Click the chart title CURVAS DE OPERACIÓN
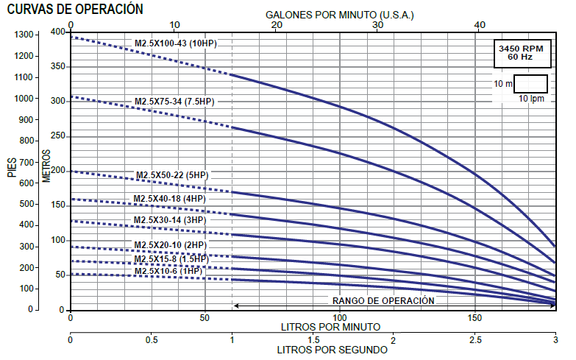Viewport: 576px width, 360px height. [x=75, y=9]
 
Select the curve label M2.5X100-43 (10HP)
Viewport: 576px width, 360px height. [x=175, y=43]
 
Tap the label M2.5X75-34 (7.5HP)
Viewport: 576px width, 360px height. [x=174, y=102]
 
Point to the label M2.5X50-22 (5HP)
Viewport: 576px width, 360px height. [x=173, y=175]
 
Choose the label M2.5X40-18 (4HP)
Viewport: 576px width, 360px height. [x=170, y=199]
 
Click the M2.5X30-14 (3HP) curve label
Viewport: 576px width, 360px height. [x=170, y=220]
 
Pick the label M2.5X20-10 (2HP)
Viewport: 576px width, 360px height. [x=170, y=244]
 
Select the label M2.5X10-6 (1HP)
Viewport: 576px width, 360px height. [x=168, y=272]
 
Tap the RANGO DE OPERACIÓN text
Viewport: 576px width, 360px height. [x=383, y=300]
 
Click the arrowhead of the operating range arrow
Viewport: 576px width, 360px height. [x=235, y=305]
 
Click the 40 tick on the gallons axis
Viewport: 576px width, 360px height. [x=480, y=25]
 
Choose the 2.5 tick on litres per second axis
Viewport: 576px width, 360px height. [x=476, y=340]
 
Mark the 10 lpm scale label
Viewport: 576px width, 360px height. [x=530, y=99]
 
